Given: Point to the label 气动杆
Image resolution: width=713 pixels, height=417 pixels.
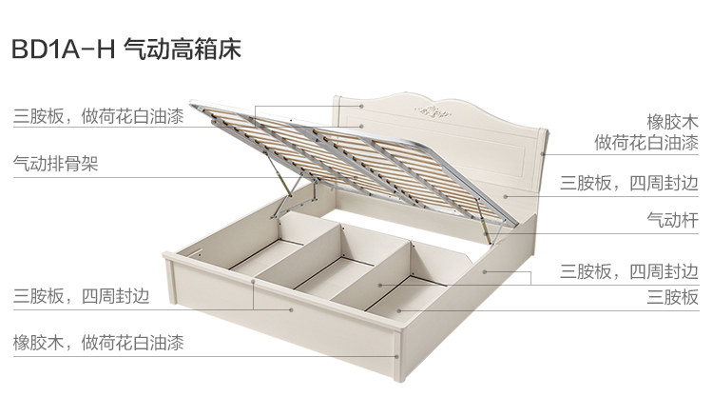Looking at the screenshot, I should [x=672, y=220].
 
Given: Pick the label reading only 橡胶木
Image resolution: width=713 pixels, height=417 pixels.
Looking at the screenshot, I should [x=672, y=121].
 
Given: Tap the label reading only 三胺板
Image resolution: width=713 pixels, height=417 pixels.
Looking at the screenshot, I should [x=672, y=298].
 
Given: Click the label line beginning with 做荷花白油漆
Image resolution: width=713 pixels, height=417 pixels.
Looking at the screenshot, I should [x=646, y=144].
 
